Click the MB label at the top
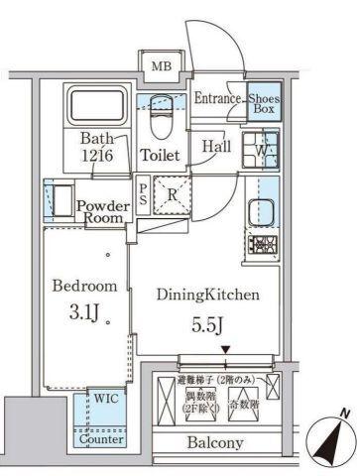click(159, 66)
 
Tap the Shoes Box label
click(262, 103)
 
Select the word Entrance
click(217, 97)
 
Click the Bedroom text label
click(84, 286)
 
